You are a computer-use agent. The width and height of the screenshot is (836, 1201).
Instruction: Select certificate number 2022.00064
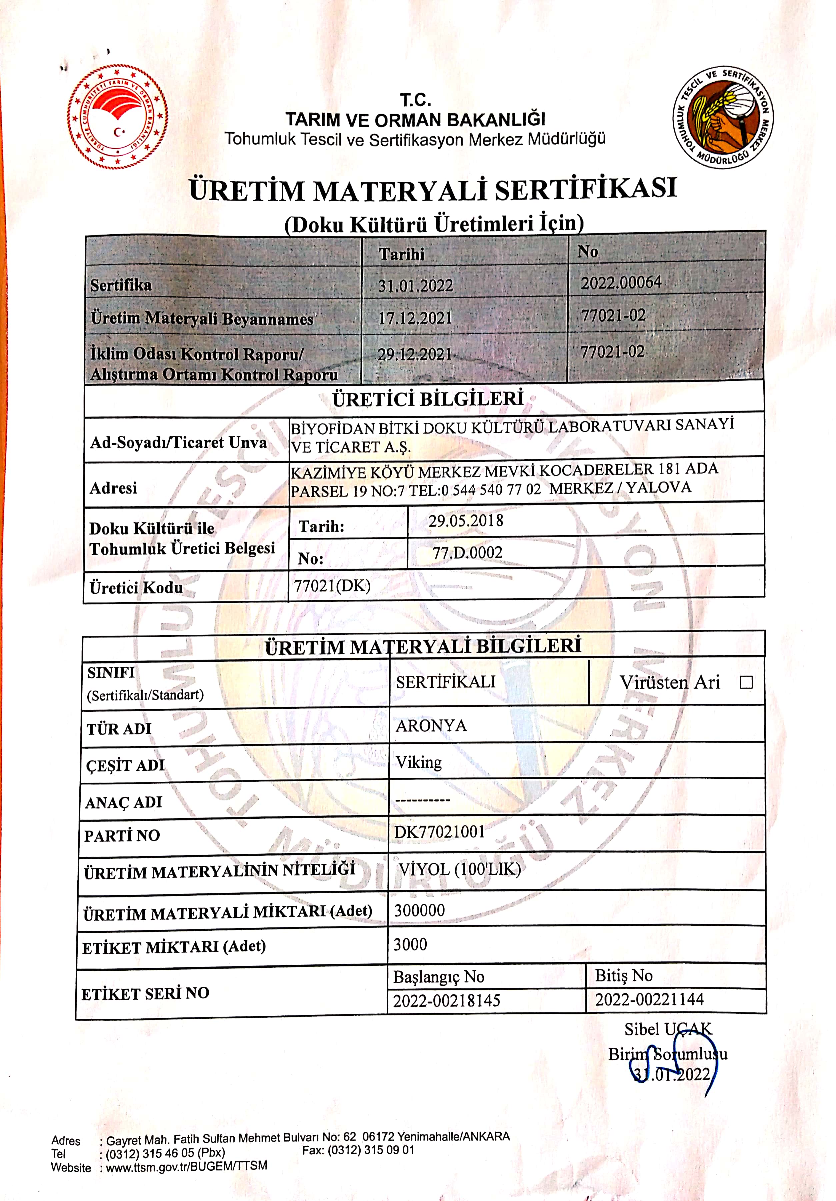pyautogui.click(x=621, y=283)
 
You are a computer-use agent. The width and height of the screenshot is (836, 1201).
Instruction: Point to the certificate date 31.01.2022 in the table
pyautogui.click(x=415, y=286)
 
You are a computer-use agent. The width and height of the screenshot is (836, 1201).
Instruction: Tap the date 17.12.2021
pyautogui.click(x=415, y=318)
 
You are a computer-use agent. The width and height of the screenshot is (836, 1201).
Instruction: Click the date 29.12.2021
pyautogui.click(x=415, y=355)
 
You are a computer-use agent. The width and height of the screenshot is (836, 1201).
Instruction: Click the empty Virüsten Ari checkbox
pyautogui.click(x=746, y=682)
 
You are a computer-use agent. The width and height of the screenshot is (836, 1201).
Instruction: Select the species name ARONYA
pyautogui.click(x=431, y=725)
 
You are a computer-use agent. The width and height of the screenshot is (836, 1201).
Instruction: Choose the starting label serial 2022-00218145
pyautogui.click(x=447, y=1001)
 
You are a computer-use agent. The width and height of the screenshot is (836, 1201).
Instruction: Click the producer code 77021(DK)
pyautogui.click(x=332, y=586)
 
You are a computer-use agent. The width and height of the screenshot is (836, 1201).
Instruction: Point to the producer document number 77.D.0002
pyautogui.click(x=467, y=553)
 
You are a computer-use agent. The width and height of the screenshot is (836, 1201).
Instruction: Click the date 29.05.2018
pyautogui.click(x=466, y=521)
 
